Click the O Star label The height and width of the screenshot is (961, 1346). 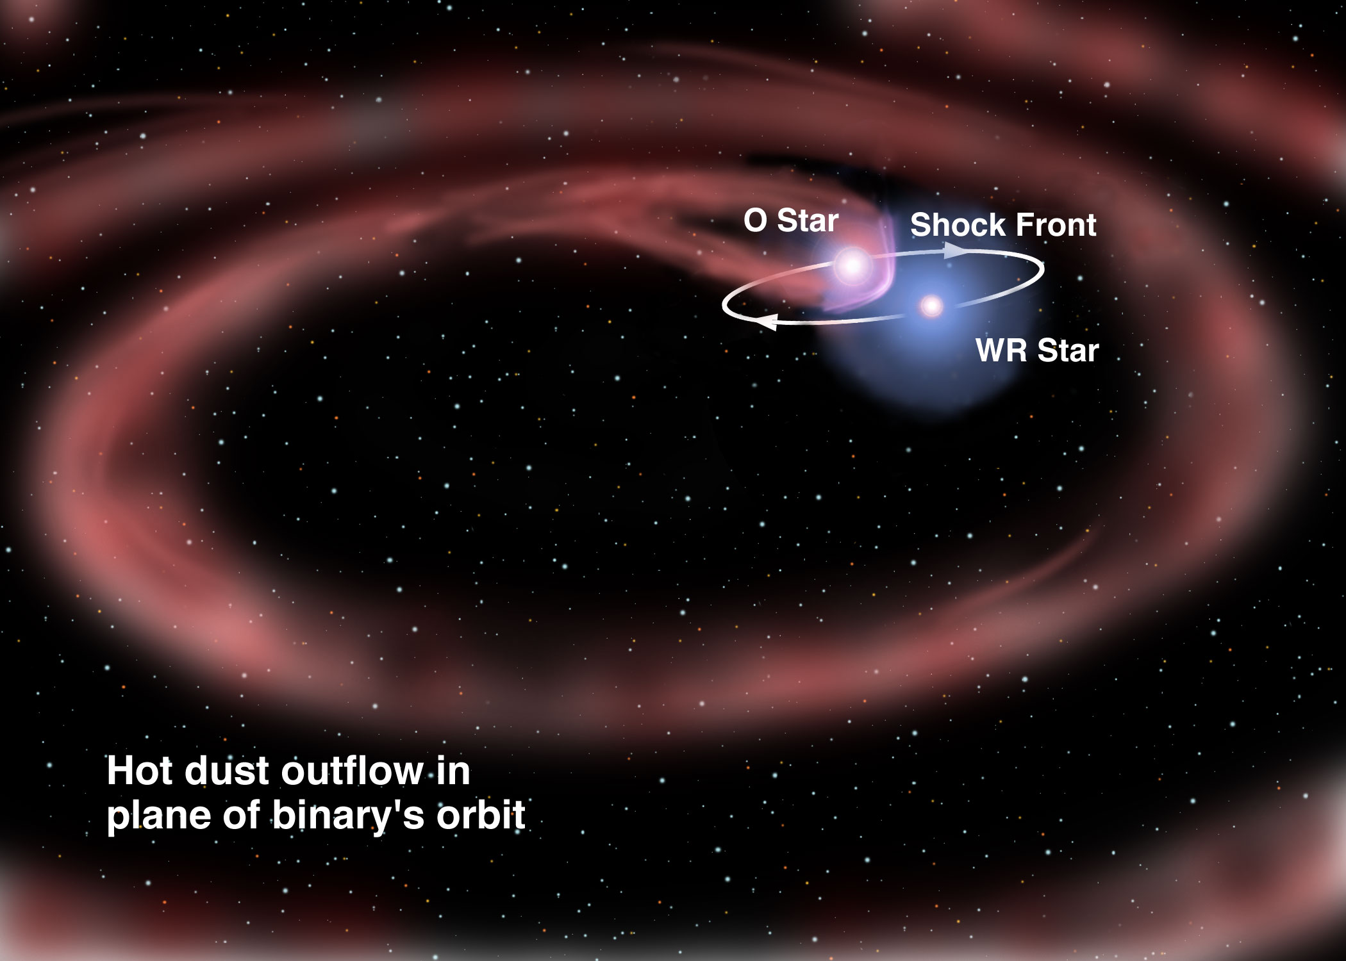[791, 221]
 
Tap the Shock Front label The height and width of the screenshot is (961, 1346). [1003, 225]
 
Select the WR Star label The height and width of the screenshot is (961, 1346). [1037, 350]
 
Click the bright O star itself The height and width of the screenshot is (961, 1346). [852, 265]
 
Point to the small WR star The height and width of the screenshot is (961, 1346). [931, 306]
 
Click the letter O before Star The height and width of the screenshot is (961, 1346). [755, 221]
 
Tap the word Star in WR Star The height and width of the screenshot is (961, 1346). [1068, 350]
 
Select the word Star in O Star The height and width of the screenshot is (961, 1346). [808, 221]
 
